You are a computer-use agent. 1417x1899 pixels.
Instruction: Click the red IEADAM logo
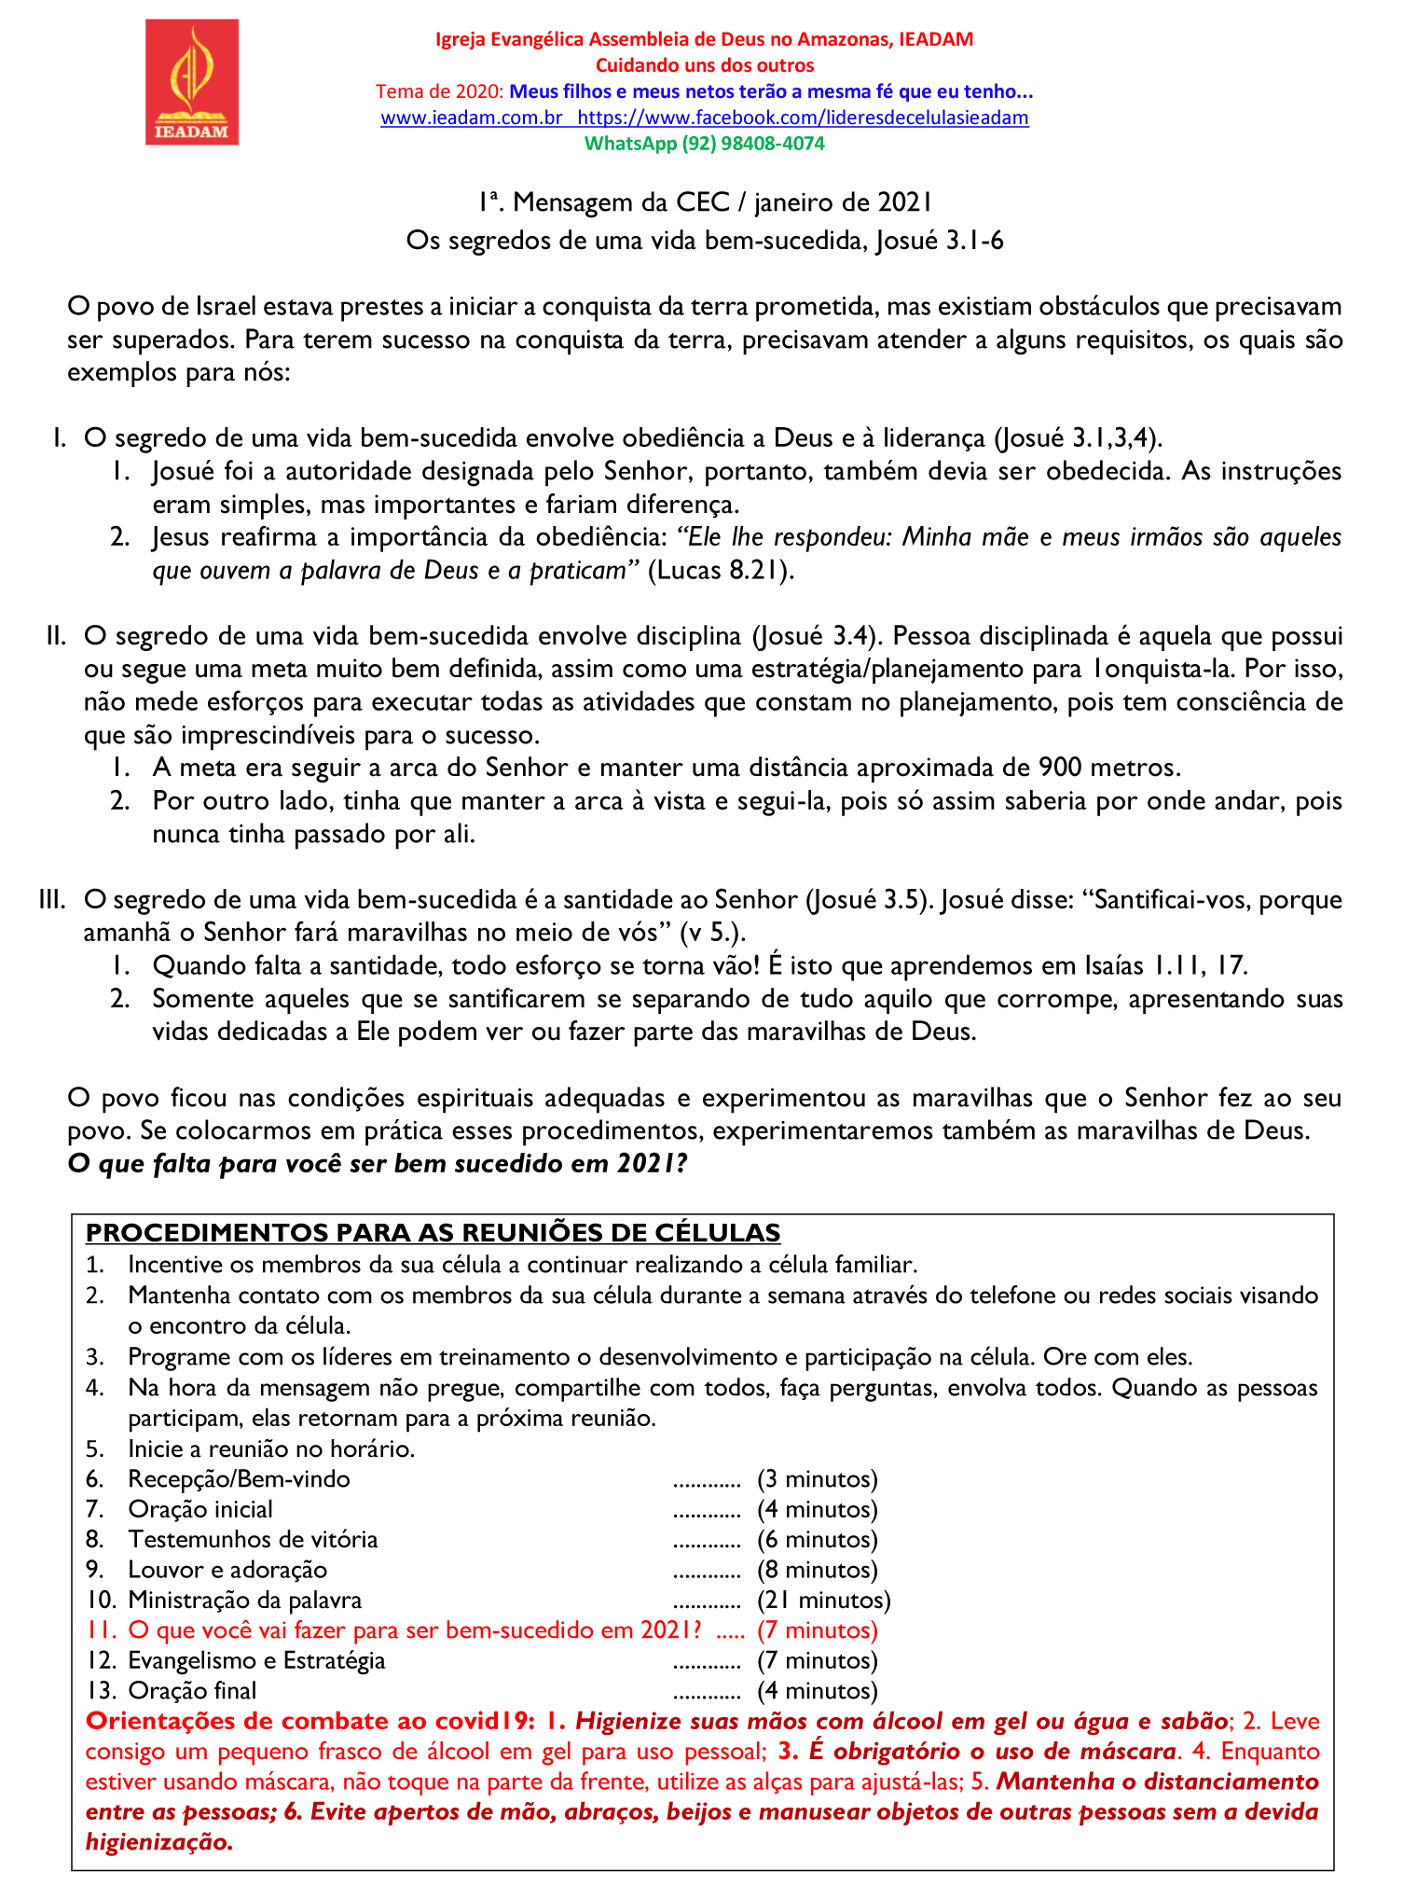(192, 82)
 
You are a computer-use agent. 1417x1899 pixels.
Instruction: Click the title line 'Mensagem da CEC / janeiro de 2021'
(704, 202)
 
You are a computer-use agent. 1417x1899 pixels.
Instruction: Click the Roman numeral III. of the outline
(52, 900)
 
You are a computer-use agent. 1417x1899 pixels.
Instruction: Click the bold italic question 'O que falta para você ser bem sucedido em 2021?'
(378, 1164)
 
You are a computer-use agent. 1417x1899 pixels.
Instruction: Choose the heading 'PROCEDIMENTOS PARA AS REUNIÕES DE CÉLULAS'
(433, 1233)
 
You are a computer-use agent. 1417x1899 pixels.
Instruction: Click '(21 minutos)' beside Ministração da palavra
(824, 1601)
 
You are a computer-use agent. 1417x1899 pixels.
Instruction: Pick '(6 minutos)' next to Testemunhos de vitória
(818, 1540)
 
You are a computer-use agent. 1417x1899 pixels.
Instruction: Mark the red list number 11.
(100, 1630)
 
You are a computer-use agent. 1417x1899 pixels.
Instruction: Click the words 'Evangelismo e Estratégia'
(256, 1661)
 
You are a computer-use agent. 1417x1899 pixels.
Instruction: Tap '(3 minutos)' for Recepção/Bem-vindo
(818, 1479)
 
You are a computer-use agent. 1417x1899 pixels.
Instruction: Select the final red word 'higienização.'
(158, 1843)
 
